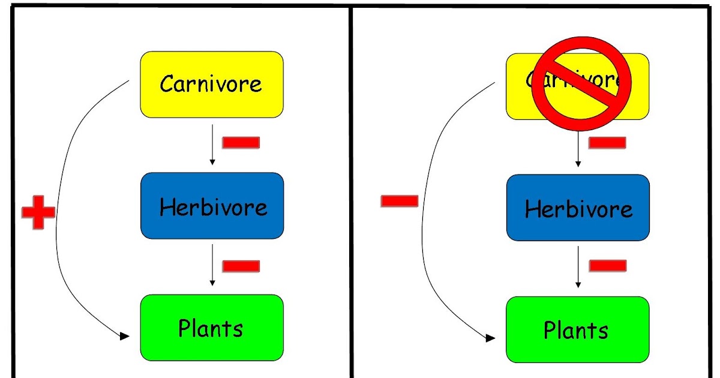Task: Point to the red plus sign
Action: coord(38,211)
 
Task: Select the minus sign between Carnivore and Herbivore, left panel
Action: coord(241,143)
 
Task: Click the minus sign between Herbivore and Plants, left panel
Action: coord(241,266)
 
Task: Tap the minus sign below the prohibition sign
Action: coord(607,143)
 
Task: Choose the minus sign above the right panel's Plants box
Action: coord(607,266)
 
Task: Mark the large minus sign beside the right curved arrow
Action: coord(399,201)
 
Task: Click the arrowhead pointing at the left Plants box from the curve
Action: coord(124,337)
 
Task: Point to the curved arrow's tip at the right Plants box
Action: coord(490,338)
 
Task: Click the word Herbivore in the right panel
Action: coord(578,209)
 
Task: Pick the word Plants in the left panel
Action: coord(211,329)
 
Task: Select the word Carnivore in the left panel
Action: coord(211,84)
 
